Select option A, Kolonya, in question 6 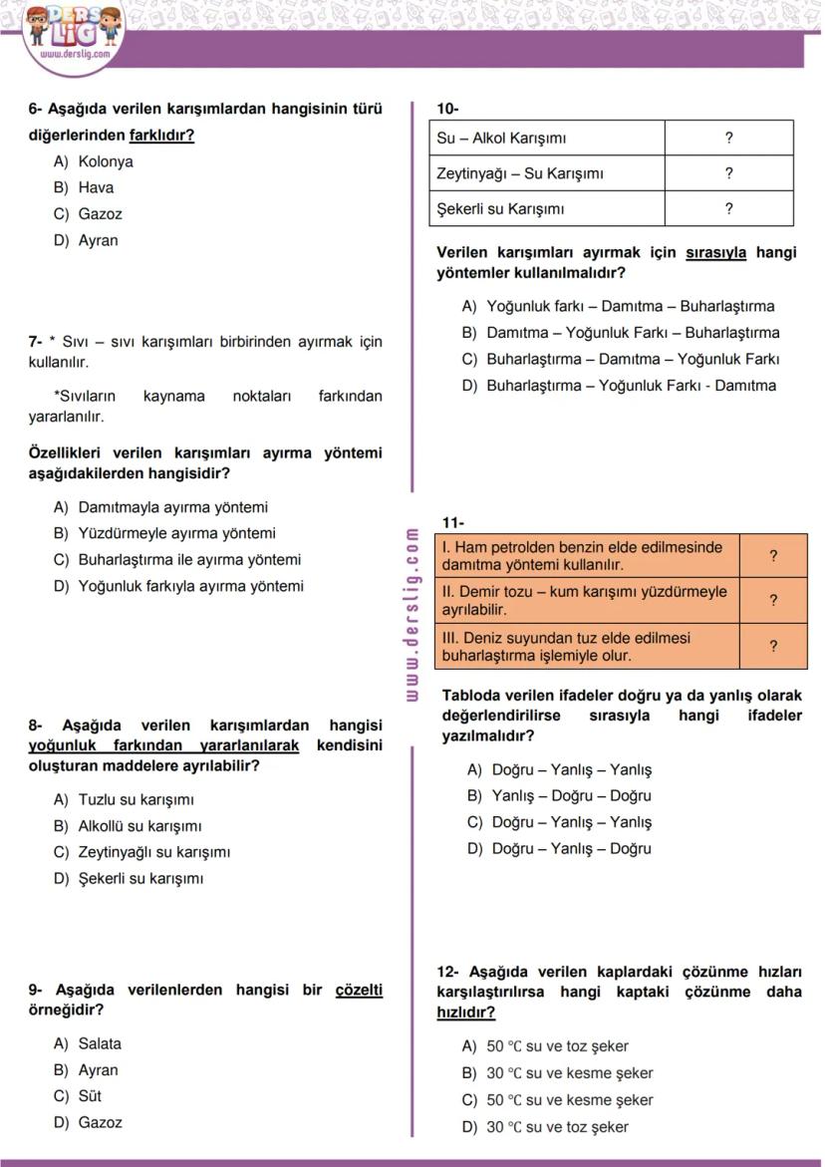point(105,161)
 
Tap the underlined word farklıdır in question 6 point(161,135)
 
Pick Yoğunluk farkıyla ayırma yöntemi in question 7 point(190,586)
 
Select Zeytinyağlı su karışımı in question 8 point(153,852)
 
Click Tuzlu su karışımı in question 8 point(136,799)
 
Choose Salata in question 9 point(99,1043)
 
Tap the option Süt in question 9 point(90,1096)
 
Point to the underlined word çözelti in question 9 point(359,990)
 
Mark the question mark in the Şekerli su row point(728,208)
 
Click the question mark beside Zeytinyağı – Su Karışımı point(728,173)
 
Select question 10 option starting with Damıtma point(632,333)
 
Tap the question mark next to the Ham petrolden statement point(773,555)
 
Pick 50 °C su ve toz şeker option point(557,1046)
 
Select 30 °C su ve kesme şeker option point(569,1073)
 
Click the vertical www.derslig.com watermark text point(412,614)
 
